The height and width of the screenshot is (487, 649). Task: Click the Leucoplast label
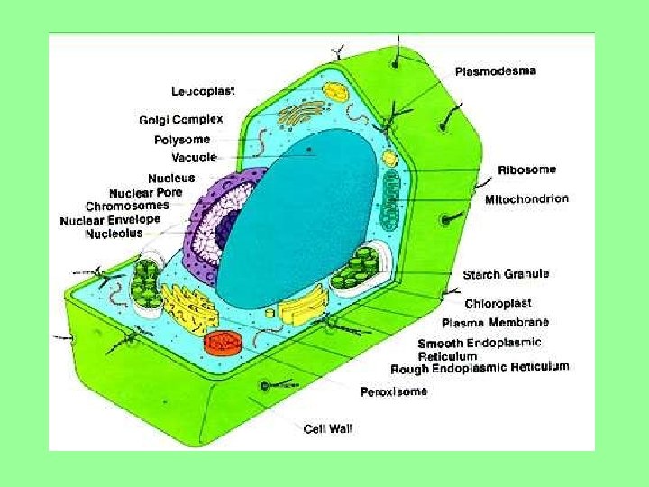pyautogui.click(x=205, y=91)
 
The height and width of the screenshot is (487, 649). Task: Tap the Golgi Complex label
pyautogui.click(x=180, y=119)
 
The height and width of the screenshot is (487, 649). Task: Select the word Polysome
pyautogui.click(x=182, y=140)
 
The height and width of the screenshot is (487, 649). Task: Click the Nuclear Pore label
pyautogui.click(x=145, y=192)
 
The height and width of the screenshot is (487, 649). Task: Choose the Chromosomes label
pyautogui.click(x=127, y=206)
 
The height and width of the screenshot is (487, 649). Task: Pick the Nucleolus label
pyautogui.click(x=114, y=234)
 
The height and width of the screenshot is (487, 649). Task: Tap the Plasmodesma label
pyautogui.click(x=495, y=71)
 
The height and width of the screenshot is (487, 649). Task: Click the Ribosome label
pyautogui.click(x=526, y=170)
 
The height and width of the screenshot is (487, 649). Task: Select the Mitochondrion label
pyautogui.click(x=526, y=198)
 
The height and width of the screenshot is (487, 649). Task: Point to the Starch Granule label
pyautogui.click(x=506, y=274)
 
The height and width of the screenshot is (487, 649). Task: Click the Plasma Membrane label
pyautogui.click(x=495, y=322)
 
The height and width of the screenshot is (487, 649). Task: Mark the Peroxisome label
pyautogui.click(x=394, y=391)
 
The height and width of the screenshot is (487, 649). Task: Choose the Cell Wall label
pyautogui.click(x=328, y=429)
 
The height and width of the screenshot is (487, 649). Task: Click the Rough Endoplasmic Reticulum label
pyautogui.click(x=480, y=368)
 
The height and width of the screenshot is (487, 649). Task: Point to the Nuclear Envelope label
pyautogui.click(x=110, y=220)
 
